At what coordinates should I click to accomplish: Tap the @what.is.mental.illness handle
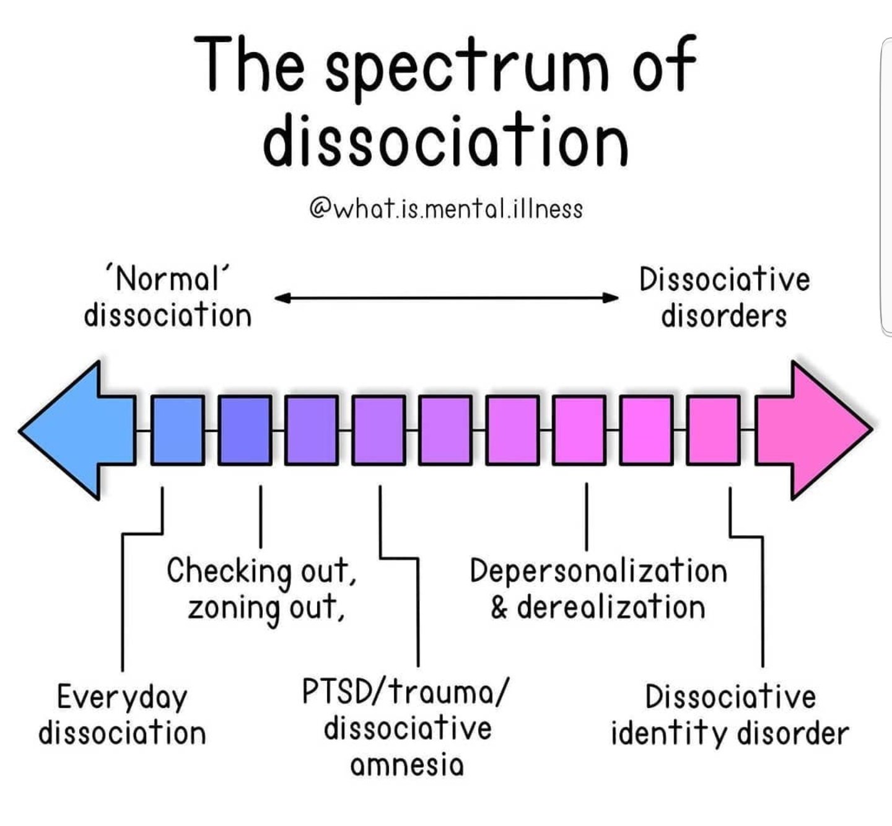(x=445, y=209)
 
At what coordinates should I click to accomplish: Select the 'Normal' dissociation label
(x=168, y=297)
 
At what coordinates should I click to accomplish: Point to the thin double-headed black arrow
(x=446, y=298)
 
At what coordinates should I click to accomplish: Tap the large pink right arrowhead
(x=818, y=430)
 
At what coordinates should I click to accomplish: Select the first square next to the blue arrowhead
(x=178, y=430)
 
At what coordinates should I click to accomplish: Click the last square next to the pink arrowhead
(x=714, y=430)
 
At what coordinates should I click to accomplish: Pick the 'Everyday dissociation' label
(x=122, y=714)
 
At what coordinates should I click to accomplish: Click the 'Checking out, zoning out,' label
(x=261, y=589)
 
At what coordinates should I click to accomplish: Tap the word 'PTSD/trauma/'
(x=407, y=692)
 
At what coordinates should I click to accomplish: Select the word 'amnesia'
(x=407, y=765)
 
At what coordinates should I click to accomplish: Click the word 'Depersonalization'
(x=598, y=571)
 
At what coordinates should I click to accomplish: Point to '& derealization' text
(x=598, y=607)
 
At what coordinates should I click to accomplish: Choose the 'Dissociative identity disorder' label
(x=730, y=714)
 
